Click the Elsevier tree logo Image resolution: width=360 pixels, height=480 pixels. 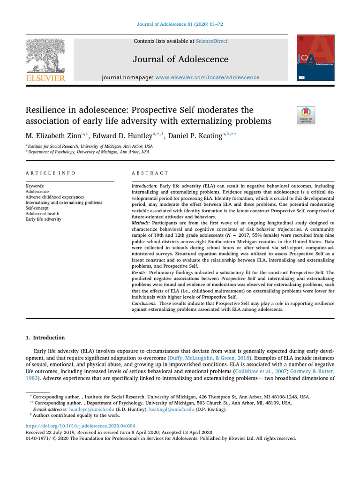(45, 56)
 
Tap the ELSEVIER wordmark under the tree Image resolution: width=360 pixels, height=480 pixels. (45, 78)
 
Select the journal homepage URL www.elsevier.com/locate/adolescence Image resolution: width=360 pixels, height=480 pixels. (207, 77)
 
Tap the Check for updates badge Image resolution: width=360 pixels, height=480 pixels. (306, 115)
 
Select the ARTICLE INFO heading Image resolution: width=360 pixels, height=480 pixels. (50, 173)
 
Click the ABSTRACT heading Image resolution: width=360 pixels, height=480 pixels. (150, 173)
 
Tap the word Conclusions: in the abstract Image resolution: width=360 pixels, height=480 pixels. (145, 304)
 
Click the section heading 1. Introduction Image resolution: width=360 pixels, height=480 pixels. (45, 337)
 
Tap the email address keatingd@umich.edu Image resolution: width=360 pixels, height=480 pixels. (172, 409)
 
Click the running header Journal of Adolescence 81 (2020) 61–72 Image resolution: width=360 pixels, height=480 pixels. (180, 25)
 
